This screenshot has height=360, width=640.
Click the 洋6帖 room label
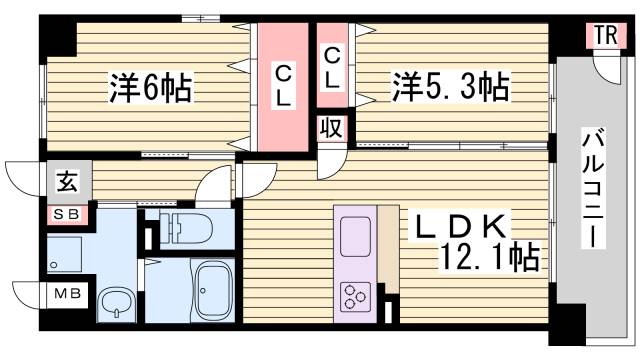150,89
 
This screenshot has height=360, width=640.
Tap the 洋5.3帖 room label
449,88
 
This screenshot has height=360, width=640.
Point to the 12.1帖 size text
490,259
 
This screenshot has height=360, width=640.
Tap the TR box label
605,36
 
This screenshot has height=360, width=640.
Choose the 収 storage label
331,127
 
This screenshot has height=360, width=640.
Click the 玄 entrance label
66,184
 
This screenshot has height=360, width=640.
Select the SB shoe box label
67,213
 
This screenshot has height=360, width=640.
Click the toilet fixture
185,226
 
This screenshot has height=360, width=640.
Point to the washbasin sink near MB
117,303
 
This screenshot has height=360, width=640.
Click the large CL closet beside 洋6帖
283,85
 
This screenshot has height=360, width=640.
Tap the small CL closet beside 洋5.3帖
332,66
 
